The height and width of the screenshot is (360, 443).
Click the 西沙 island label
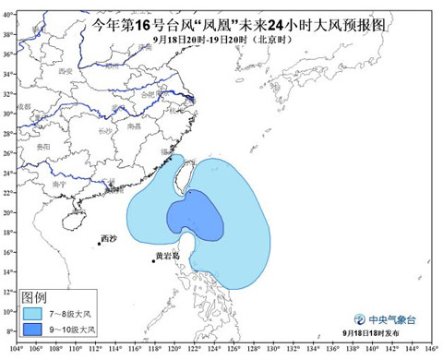click(x=109, y=238)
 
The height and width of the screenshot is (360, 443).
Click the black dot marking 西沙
click(x=99, y=244)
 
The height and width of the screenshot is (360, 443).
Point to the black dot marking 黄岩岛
click(x=153, y=261)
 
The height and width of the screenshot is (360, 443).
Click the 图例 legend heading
click(x=35, y=296)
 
